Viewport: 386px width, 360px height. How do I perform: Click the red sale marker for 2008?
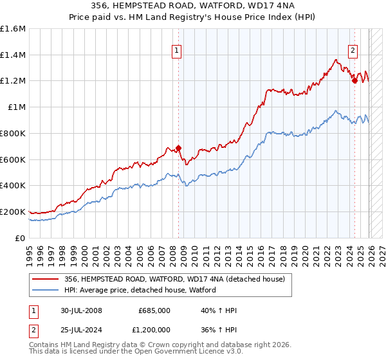coord(178,148)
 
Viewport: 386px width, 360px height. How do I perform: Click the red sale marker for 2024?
coord(354,80)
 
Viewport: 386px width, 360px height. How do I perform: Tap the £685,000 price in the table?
coord(154,310)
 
